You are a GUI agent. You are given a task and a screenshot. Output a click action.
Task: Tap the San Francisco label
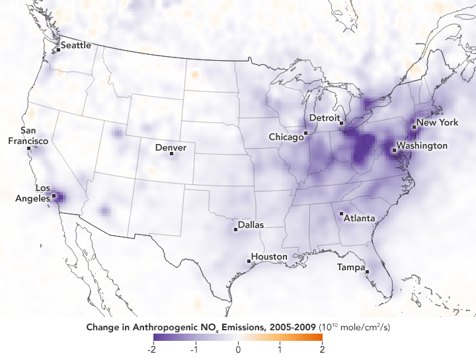pos(28,136)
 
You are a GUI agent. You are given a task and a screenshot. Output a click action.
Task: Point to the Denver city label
pos(171,147)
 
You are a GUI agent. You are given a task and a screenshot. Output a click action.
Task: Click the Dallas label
pos(251,225)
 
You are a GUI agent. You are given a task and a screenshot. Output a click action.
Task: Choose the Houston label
pos(269,256)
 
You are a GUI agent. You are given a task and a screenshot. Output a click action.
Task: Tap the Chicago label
pos(286,137)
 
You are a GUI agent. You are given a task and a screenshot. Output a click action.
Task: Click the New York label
pos(437,123)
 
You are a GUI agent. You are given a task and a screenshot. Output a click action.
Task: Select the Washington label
pos(422,145)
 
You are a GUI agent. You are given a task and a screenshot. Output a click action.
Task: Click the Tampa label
pos(350,268)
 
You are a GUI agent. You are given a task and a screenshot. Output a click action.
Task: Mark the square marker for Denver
pos(172,154)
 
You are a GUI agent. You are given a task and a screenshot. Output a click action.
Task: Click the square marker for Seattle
pos(58,49)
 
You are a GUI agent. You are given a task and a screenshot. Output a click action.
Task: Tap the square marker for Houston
pos(249,261)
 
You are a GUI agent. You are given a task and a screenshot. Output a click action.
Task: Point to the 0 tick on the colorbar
pos(237,351)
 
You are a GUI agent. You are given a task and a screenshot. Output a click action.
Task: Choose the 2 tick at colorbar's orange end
pos(322,351)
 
